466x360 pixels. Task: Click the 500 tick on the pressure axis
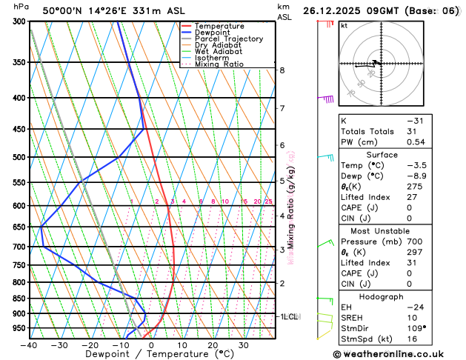pos(20,158)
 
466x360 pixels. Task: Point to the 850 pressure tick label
pos(20,299)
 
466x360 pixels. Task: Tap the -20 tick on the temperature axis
pos(90,345)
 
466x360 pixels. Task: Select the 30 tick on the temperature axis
pos(244,345)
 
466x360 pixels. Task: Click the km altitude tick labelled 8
pos(282,70)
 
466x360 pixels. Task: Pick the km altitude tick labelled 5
pos(282,181)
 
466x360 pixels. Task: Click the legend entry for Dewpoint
pos(212,33)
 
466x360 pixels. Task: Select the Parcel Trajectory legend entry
pos(228,39)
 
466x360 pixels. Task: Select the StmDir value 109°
pos(416,327)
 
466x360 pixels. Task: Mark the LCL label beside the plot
pos(290,317)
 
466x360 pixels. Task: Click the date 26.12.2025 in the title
pos(336,11)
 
